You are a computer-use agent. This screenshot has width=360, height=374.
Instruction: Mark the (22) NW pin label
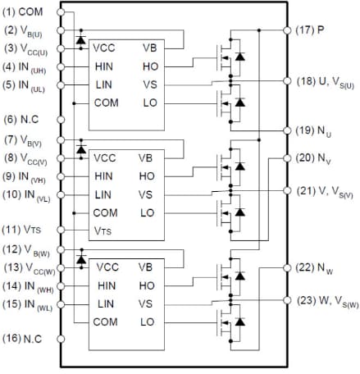[x=314, y=267]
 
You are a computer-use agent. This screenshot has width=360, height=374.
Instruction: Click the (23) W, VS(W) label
[x=327, y=300]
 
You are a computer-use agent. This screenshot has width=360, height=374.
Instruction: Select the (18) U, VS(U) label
[x=326, y=81]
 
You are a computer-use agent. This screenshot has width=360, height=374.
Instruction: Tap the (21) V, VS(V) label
[x=326, y=190]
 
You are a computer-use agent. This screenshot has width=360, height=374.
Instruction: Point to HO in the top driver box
[x=149, y=66]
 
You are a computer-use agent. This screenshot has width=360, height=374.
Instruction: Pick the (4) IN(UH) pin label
[x=26, y=66]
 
